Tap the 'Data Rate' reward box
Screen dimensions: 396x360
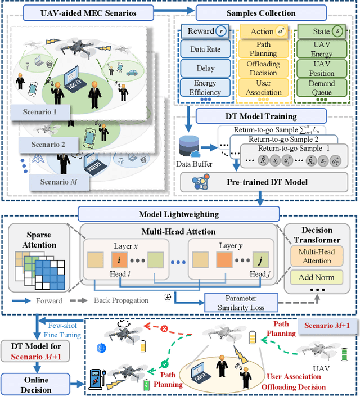205,49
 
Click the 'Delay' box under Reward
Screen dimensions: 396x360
205,68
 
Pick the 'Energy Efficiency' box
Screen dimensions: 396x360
205,88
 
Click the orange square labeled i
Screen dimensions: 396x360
119,260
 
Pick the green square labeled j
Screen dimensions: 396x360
260,260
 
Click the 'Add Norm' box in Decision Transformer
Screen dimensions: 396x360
317,277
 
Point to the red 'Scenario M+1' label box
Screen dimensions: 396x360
327,326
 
